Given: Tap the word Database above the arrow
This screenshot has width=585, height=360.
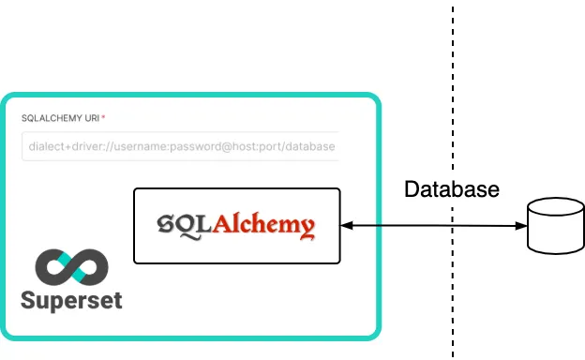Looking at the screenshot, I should tap(451, 189).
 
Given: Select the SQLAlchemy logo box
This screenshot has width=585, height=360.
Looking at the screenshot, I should tap(236, 226).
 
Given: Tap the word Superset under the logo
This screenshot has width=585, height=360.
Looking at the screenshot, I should tap(71, 302).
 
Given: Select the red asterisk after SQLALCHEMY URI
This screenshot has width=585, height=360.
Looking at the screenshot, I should tap(103, 117).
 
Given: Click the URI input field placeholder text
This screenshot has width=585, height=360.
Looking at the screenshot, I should tap(178, 147).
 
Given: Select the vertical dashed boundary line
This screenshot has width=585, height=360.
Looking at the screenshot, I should tap(453, 94).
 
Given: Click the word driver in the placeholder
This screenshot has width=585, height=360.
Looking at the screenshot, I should tap(87, 147).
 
